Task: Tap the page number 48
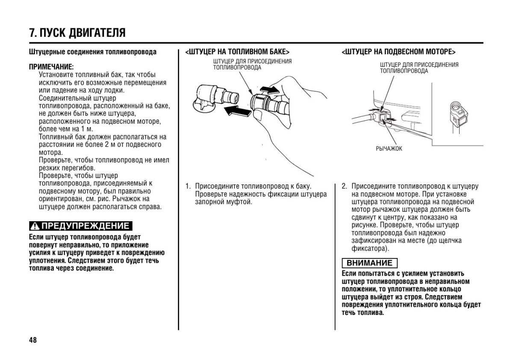[x=33, y=340]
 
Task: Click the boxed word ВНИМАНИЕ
[x=369, y=263]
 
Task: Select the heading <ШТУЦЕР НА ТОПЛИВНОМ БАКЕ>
[x=234, y=52]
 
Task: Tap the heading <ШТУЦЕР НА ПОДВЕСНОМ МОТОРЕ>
[x=398, y=52]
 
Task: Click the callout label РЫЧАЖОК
[x=389, y=148]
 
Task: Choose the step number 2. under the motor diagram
[x=344, y=186]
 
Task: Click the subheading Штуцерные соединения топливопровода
[x=93, y=52]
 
